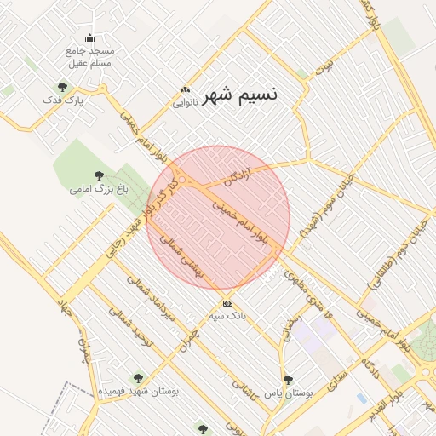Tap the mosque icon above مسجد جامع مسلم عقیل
[x=90, y=37]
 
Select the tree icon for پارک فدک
[x=62, y=86]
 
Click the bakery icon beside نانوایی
[x=185, y=90]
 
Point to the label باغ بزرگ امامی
[x=99, y=187]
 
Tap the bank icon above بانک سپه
[x=227, y=303]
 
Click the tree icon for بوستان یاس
[x=288, y=380]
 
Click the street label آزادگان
[x=238, y=177]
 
